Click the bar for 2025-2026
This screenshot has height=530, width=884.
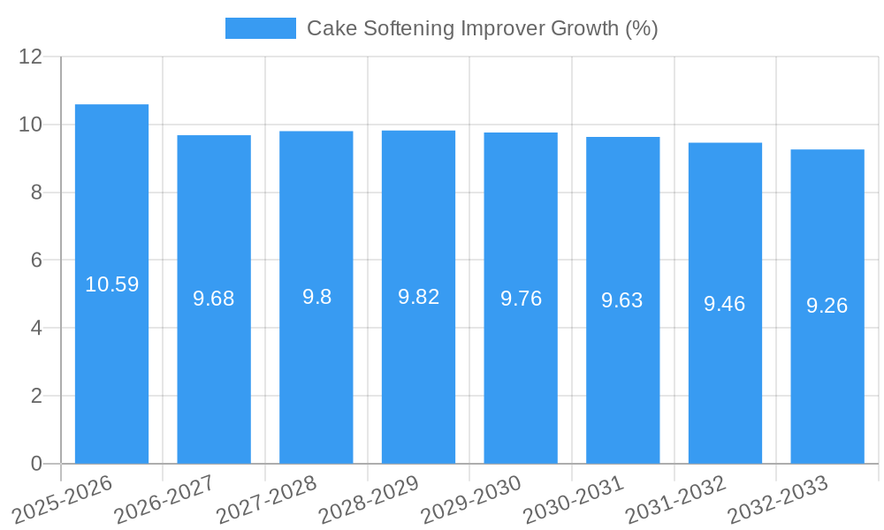coord(111,353)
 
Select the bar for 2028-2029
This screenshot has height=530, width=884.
coord(418,371)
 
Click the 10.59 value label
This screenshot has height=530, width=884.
coord(111,284)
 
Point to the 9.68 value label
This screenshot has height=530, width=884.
coord(214,299)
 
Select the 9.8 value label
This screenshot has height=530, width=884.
coord(316,297)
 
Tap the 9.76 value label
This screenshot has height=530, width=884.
coord(521,299)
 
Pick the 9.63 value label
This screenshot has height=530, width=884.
coord(622,300)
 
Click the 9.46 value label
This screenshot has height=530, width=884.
coord(725,304)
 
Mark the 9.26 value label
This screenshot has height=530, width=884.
coord(827,306)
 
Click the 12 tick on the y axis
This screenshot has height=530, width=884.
coord(31,57)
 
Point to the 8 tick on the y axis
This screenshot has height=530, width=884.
coord(36,193)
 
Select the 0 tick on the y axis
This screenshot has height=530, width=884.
coord(36,464)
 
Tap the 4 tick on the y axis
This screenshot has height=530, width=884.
coord(36,328)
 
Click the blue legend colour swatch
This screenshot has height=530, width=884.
coord(261,28)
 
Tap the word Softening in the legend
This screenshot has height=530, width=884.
coord(402,28)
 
